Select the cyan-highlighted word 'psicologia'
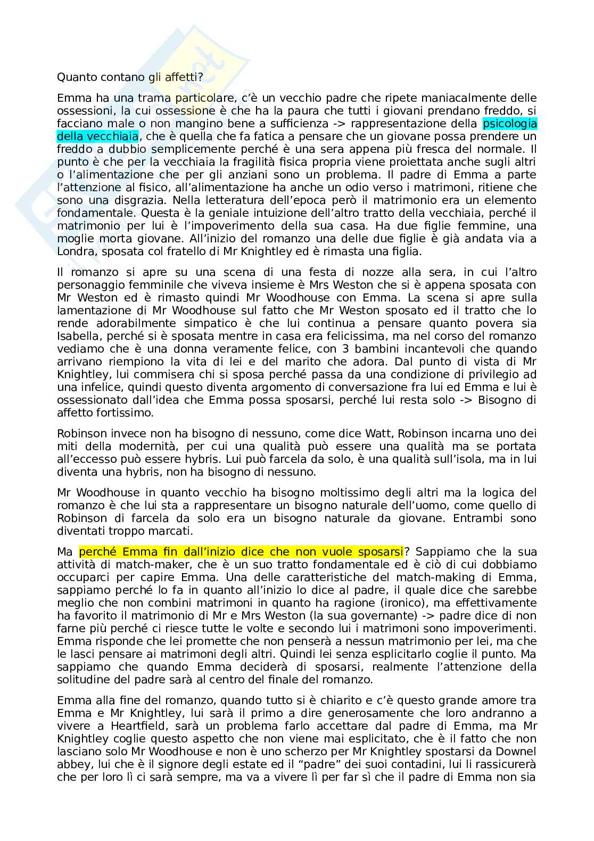click(x=509, y=124)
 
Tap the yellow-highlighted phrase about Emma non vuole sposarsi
click(x=241, y=551)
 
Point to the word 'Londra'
click(x=74, y=251)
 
